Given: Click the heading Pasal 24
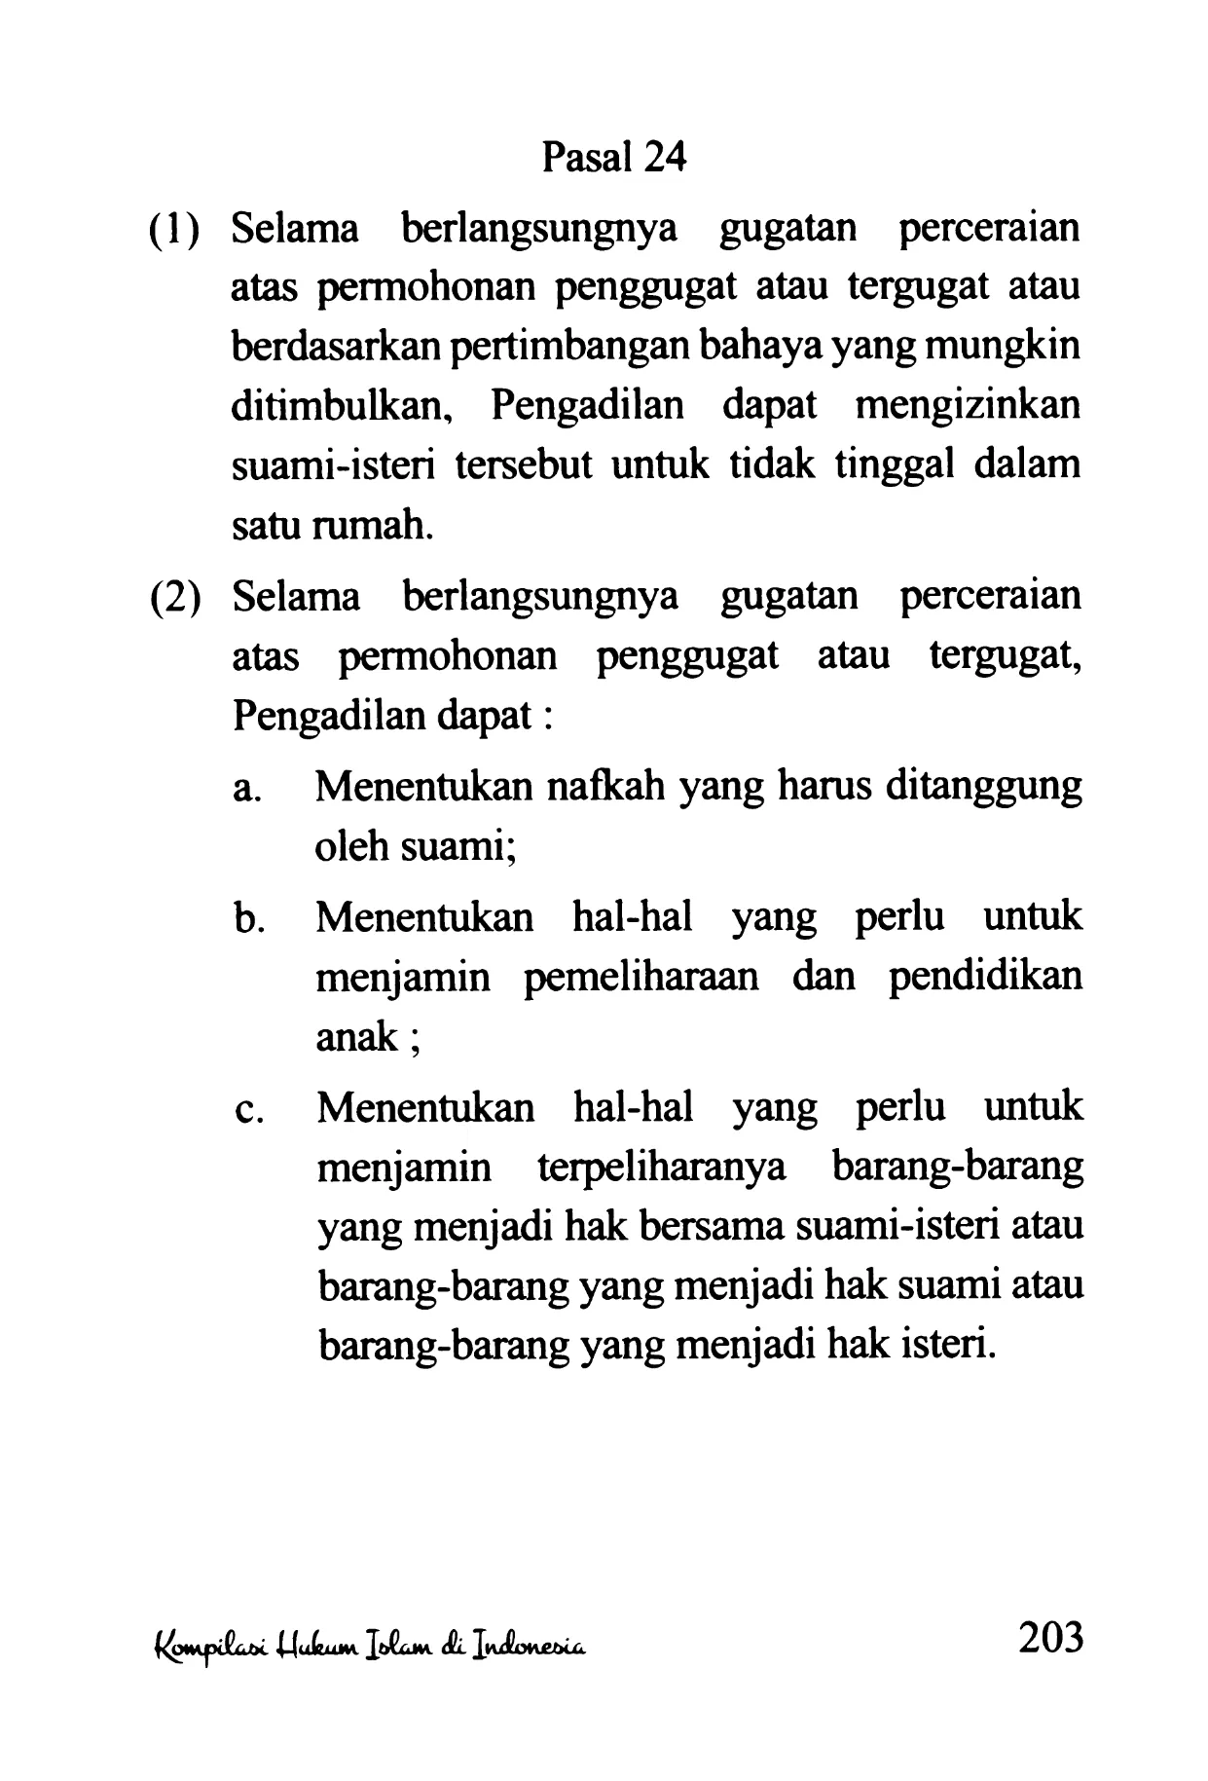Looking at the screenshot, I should [613, 156].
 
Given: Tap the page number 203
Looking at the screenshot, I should [1049, 1639].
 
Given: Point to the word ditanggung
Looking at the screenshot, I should [984, 788].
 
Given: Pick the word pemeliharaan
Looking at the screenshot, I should [641, 978].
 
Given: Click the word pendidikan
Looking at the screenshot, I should [984, 977].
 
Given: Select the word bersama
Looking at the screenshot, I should [713, 1227].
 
